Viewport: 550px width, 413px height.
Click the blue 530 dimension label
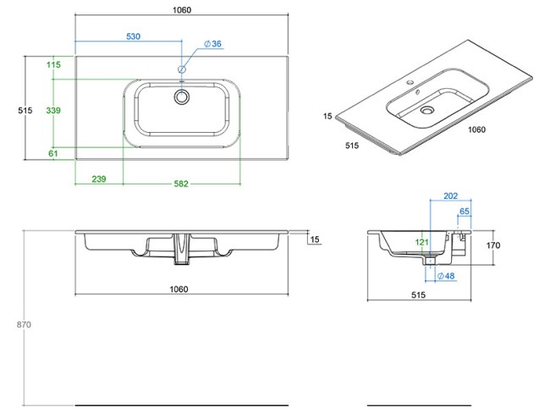pyautogui.click(x=133, y=36)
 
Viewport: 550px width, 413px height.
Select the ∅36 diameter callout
pyautogui.click(x=212, y=44)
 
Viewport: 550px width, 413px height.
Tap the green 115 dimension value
pyautogui.click(x=54, y=65)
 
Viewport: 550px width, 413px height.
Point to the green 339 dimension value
pyautogui.click(x=53, y=111)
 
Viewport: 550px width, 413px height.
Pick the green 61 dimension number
pyautogui.click(x=53, y=153)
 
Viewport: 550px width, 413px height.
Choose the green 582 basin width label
pyautogui.click(x=181, y=183)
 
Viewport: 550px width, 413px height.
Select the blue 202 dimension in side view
pyautogui.click(x=450, y=195)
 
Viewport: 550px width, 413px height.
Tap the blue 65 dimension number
pyautogui.click(x=465, y=211)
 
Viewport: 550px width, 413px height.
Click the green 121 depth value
pyautogui.click(x=421, y=242)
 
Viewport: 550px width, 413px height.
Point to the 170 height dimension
pyautogui.click(x=493, y=245)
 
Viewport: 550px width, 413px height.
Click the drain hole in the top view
pyautogui.click(x=181, y=97)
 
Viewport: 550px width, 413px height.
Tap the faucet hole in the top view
pyautogui.click(x=181, y=69)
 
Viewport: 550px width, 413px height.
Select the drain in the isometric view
pyautogui.click(x=428, y=109)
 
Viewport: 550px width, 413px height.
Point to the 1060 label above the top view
pyautogui.click(x=182, y=10)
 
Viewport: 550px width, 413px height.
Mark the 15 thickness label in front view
pyautogui.click(x=314, y=240)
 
